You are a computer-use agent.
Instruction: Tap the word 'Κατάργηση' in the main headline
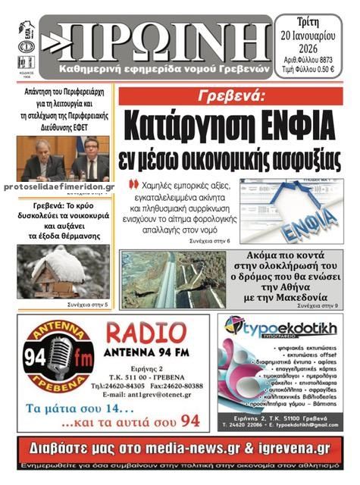click(186, 124)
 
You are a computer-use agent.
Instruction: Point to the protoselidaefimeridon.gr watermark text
click(59, 186)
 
